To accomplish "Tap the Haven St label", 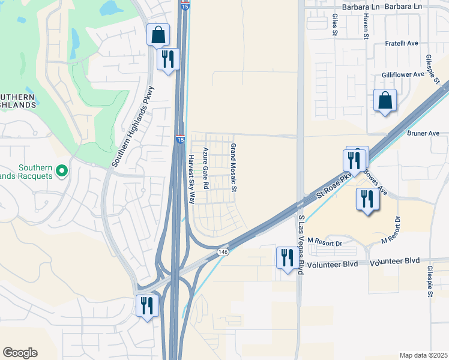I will click(x=365, y=28).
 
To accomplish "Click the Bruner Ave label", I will click(x=423, y=133).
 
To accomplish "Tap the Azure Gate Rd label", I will click(x=205, y=169).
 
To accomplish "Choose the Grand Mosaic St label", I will click(x=234, y=167).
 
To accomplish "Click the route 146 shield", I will click(x=223, y=251).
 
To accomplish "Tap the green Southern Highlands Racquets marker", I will click(x=61, y=173).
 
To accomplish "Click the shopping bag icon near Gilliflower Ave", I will click(x=385, y=100).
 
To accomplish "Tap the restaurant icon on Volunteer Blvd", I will click(x=286, y=258).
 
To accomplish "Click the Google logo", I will click(x=20, y=353).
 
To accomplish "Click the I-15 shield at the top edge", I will click(x=185, y=4).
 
